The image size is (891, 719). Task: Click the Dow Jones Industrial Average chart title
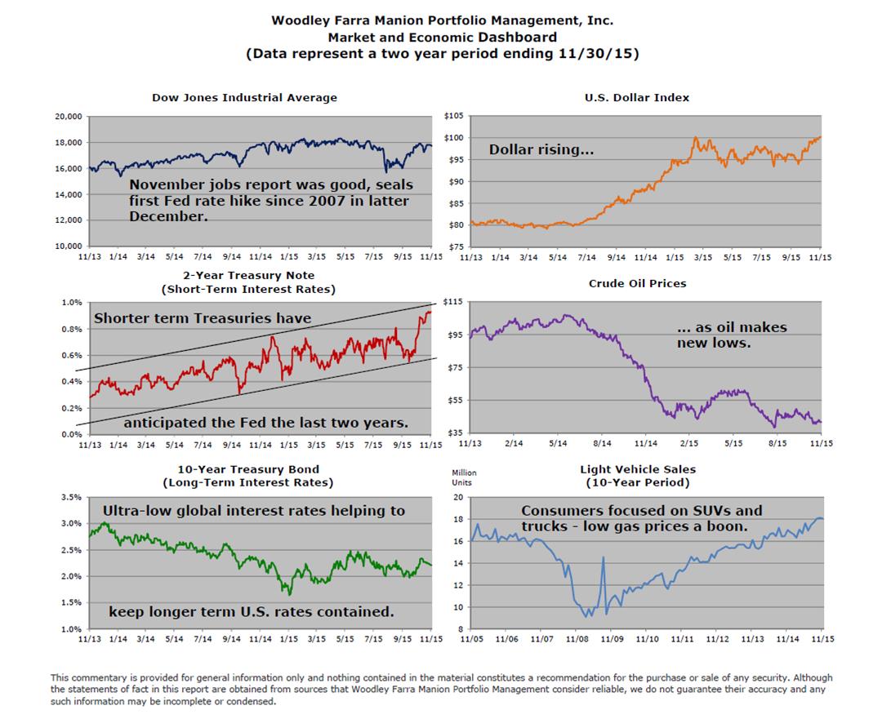point(244,98)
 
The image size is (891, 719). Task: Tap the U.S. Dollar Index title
point(636,98)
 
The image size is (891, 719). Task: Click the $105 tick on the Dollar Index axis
point(454,116)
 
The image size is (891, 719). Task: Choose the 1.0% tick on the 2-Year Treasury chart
point(71,302)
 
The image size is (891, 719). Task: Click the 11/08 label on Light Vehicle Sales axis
point(576,641)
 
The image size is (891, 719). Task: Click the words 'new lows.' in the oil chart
point(714,343)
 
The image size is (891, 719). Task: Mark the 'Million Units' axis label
point(464,477)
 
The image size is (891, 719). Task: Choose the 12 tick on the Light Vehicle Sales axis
point(459,585)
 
